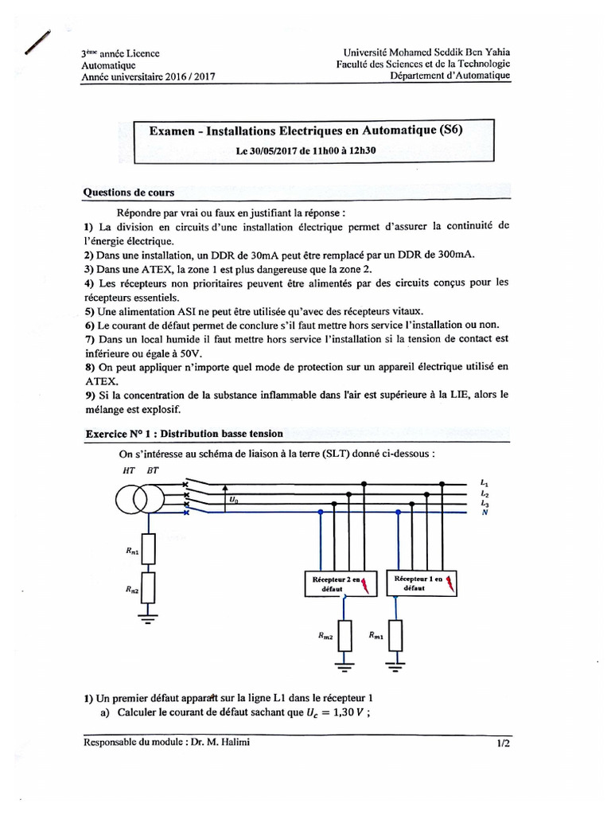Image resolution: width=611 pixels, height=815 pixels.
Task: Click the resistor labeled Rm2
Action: click(x=343, y=636)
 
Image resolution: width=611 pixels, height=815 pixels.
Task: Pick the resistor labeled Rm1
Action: click(x=395, y=636)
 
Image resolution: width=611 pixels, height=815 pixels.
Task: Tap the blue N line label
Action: click(x=484, y=513)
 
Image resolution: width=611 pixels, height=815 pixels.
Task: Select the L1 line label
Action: click(x=485, y=483)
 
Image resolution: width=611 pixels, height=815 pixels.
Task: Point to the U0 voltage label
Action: click(x=233, y=501)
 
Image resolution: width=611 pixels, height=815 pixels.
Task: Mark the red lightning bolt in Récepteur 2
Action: click(x=366, y=587)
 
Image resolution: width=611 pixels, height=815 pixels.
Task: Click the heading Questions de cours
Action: click(x=129, y=193)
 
